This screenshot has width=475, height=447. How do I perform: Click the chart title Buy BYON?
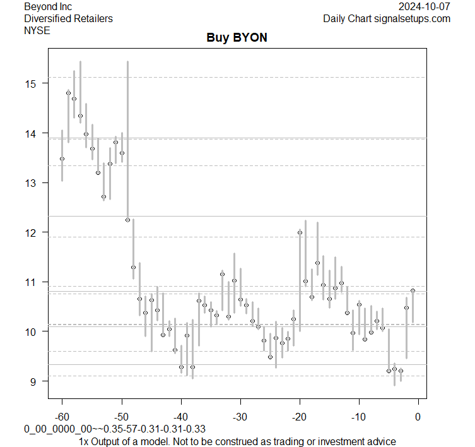[237, 38]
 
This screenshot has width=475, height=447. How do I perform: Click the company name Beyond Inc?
[48, 6]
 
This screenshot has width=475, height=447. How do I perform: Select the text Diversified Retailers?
[68, 18]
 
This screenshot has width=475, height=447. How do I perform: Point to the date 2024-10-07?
[425, 6]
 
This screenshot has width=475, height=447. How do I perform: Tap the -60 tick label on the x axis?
[62, 417]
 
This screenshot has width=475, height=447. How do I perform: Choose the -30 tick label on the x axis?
[240, 417]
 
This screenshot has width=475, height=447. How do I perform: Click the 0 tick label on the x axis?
[418, 417]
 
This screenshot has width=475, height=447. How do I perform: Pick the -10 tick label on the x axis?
[358, 417]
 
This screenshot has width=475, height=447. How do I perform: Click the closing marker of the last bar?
[413, 290]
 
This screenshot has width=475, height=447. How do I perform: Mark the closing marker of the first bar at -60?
[62, 159]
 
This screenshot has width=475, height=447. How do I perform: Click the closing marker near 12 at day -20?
[300, 232]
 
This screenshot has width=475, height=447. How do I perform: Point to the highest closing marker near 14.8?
[68, 93]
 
